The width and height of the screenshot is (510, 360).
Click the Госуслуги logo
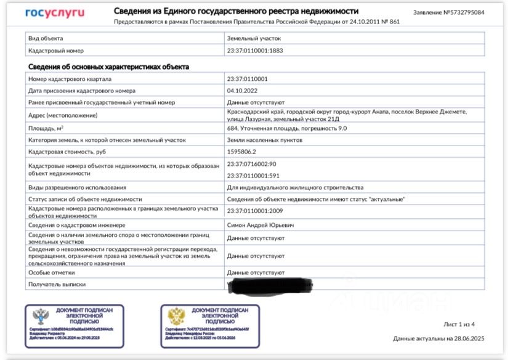click(x=55, y=13)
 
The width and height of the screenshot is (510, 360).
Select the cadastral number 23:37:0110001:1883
click(x=255, y=51)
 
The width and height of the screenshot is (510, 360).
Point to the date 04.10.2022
click(x=242, y=91)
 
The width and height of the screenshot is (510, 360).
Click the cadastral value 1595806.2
click(x=242, y=152)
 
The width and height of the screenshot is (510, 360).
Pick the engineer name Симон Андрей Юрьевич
click(x=261, y=225)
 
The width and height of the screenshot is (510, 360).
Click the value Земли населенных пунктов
click(x=264, y=140)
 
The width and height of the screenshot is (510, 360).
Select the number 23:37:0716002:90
click(x=251, y=164)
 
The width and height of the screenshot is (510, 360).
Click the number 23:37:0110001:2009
click(x=255, y=211)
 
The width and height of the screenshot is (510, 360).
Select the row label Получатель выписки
click(x=57, y=284)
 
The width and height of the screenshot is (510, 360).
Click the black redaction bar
click(x=271, y=285)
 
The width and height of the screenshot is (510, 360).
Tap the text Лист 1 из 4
click(x=459, y=324)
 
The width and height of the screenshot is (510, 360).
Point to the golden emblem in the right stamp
click(x=176, y=316)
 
